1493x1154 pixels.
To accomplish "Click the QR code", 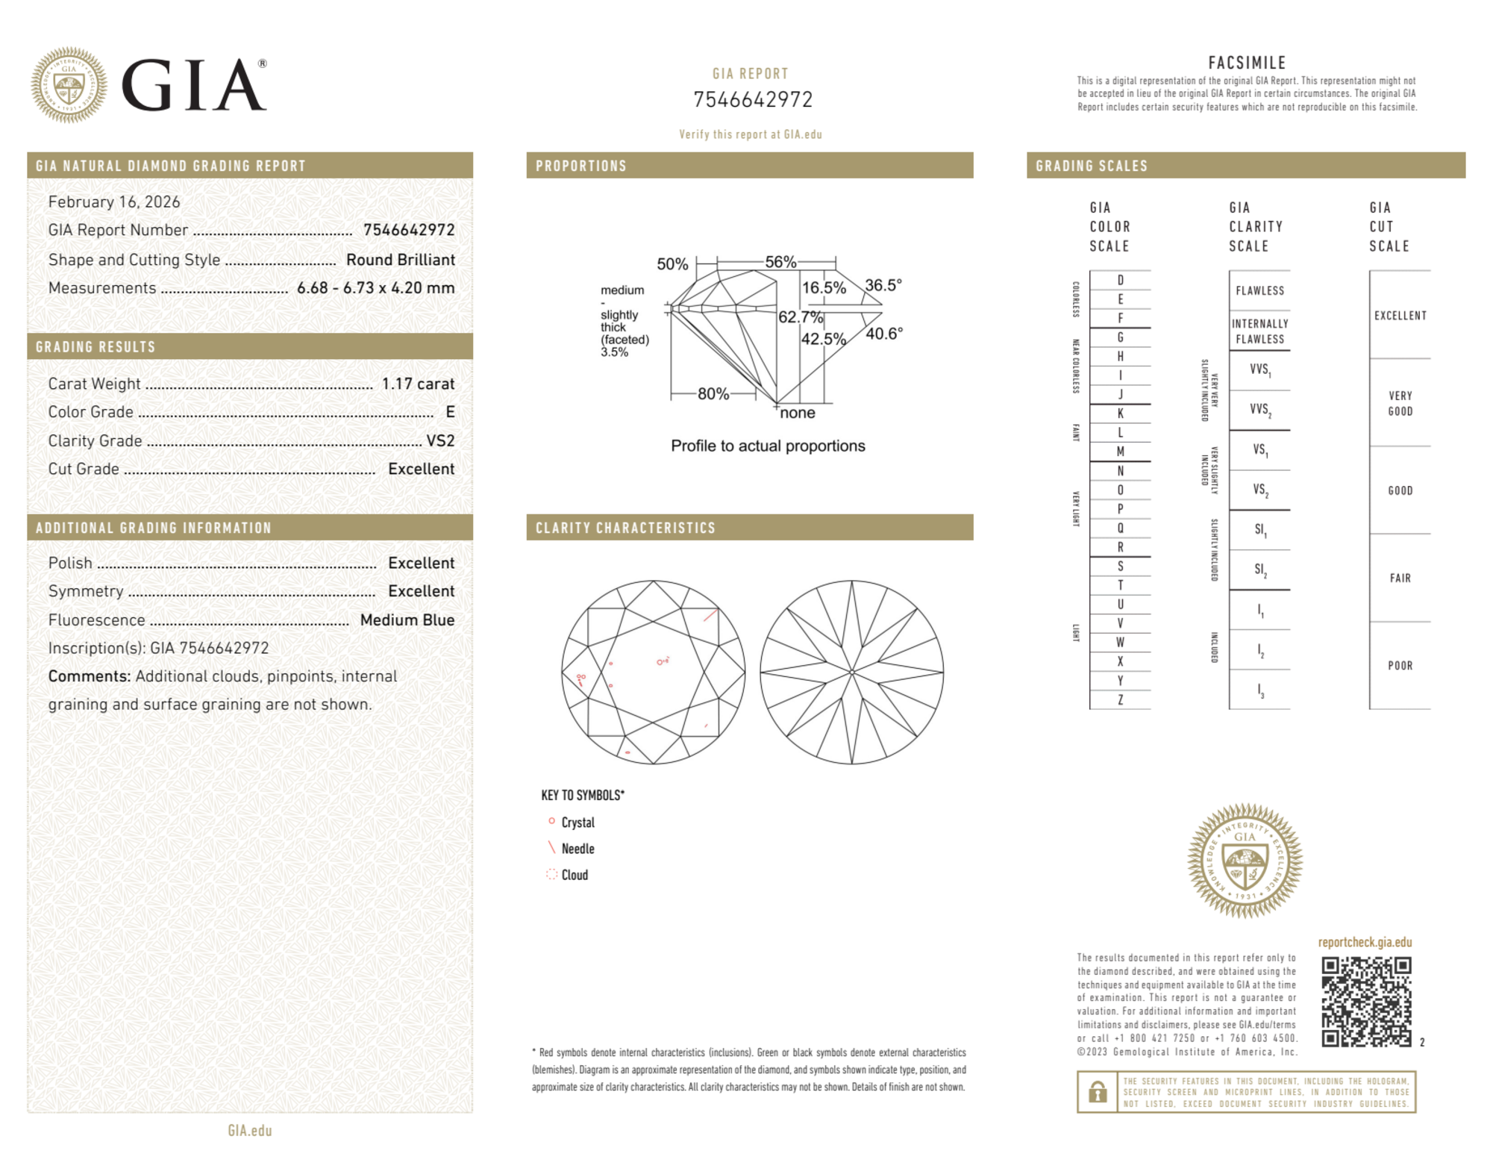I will coord(1365,1001).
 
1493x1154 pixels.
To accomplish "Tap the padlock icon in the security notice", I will coord(1097,1092).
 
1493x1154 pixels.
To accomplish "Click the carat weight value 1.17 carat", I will coord(418,384).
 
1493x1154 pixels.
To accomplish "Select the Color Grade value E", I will coord(450,412).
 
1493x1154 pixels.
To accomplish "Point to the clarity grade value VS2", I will coord(440,440).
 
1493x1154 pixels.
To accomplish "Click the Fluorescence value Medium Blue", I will coord(407,620).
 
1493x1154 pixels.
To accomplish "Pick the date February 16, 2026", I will coord(114,202).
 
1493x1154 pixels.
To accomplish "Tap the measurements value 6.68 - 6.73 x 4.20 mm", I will coord(375,287).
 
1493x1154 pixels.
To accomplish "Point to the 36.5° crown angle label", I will coord(883,285).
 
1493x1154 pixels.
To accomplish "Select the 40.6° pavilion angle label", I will coord(884,334).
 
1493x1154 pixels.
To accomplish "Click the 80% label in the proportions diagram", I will coord(713,393).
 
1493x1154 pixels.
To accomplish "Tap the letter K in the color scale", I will coord(1120,414).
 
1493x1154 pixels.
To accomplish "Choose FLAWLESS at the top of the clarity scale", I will coord(1259,290).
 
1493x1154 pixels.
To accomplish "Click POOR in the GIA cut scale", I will coord(1400,665).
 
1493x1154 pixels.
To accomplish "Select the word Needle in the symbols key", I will coord(578,849).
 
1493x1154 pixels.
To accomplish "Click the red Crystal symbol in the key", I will coord(551,821).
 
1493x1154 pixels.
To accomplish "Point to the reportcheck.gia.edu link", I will coord(1365,942).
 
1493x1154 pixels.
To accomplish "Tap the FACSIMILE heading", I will coord(1247,63).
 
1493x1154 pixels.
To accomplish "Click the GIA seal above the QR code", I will coord(1245,860).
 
